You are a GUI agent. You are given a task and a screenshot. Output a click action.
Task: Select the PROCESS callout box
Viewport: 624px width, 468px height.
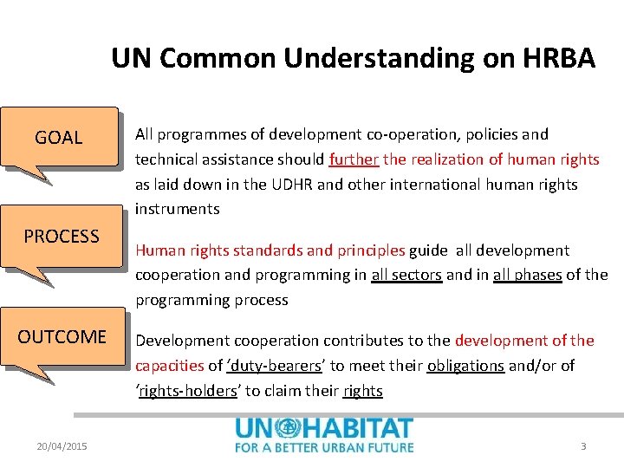pos(61,236)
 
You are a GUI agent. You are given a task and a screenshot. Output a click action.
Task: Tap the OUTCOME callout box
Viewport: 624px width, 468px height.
pos(62,336)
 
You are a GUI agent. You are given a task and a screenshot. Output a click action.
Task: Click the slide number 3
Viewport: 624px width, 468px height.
pos(583,446)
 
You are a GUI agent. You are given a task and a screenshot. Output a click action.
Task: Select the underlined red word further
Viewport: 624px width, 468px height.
pos(354,159)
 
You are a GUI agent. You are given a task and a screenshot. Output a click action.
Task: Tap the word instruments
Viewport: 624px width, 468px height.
pos(177,209)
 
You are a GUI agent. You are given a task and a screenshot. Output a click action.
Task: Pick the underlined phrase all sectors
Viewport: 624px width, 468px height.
pos(406,276)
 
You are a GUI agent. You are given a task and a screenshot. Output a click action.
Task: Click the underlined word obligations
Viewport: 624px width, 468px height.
pos(465,366)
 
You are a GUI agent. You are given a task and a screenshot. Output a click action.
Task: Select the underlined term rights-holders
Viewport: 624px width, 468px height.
pos(188,391)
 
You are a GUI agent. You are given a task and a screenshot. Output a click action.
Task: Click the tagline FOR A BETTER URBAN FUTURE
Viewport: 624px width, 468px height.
pos(324,447)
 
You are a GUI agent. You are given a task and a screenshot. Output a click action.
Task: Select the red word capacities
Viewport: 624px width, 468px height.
pos(170,366)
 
